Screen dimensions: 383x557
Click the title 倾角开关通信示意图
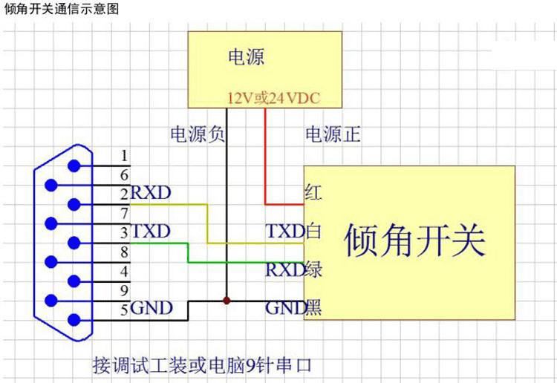pos(61,9)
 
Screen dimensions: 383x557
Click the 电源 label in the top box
pos(246,57)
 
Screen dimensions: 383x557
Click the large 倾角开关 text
pos(414,239)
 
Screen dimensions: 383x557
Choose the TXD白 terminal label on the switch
pos(293,232)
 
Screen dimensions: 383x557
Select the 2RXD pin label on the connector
pos(146,193)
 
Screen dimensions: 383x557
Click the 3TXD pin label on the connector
pos(146,231)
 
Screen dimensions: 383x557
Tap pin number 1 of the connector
pos(124,155)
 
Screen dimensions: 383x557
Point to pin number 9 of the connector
pos(124,289)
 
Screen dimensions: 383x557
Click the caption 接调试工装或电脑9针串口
pos(201,365)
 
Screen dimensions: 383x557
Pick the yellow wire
pos(208,223)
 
